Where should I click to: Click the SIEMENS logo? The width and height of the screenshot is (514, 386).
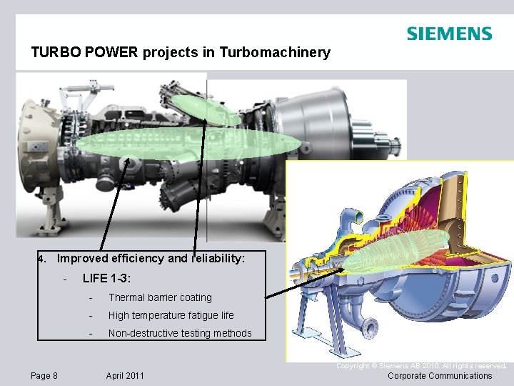tap(449, 34)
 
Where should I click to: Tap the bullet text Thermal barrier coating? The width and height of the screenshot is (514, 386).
tap(160, 297)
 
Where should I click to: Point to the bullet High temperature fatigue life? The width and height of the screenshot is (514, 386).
tap(171, 315)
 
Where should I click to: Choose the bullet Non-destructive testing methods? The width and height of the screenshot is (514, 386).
tap(180, 333)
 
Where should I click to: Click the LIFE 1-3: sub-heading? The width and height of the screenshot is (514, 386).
tap(106, 278)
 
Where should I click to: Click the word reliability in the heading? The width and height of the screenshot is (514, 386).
tap(218, 259)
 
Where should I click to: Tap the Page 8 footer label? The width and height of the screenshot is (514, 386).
tap(44, 376)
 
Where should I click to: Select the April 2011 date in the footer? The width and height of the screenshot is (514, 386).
tap(125, 376)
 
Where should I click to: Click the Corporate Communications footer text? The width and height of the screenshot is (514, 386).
tap(440, 376)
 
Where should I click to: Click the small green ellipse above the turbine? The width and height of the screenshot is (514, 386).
tap(209, 109)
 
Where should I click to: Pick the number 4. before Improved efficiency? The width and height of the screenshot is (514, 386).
tap(43, 259)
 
